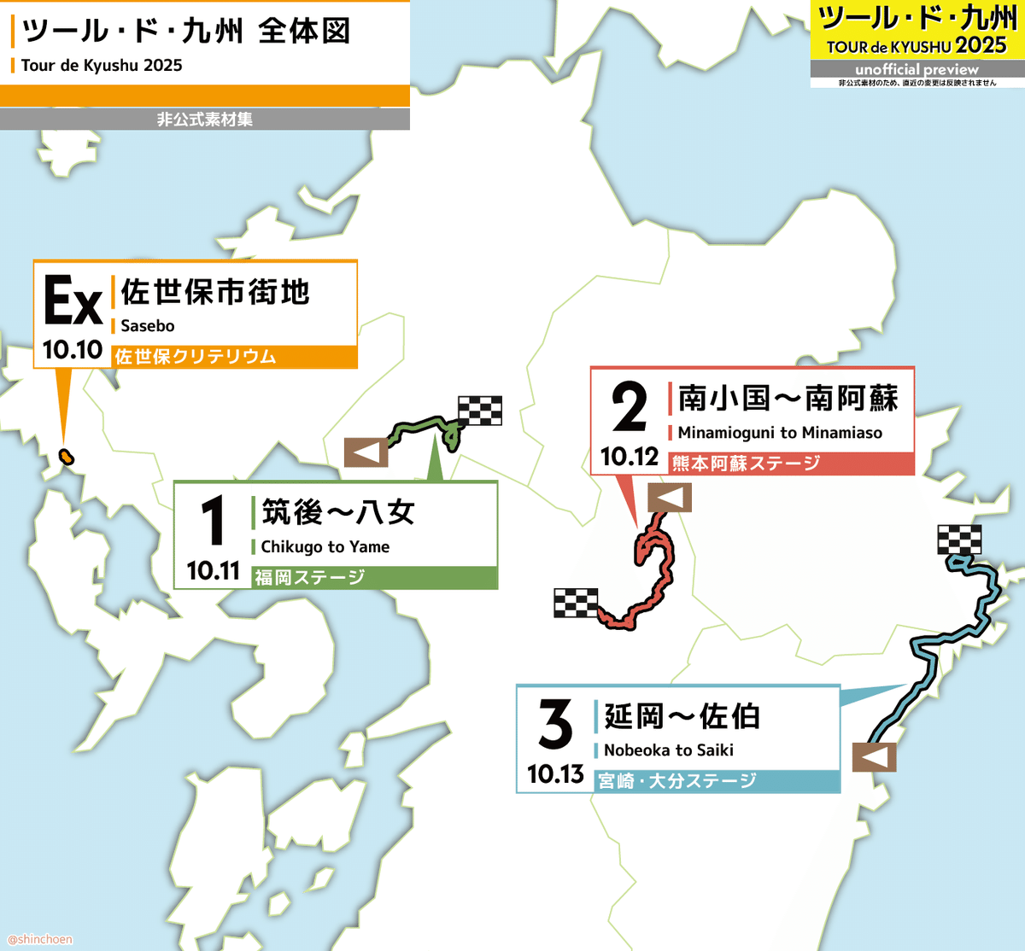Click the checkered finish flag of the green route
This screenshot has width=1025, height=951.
(480, 411)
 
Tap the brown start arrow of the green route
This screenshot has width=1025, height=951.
(366, 452)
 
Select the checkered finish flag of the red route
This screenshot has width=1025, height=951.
(576, 603)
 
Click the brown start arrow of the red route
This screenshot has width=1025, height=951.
(670, 497)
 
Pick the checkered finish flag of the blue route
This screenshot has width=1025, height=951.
(959, 540)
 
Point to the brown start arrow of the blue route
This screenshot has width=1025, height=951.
(874, 756)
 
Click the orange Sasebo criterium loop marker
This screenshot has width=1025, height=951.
(66, 456)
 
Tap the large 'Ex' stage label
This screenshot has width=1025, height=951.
(73, 300)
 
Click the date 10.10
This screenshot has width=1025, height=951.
(73, 350)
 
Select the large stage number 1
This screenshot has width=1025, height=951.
(213, 521)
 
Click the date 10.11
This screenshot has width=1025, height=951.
(214, 571)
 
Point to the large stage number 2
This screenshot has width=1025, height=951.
(630, 408)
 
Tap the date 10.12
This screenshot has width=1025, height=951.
(630, 457)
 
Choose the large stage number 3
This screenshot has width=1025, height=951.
(555, 725)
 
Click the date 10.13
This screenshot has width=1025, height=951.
(555, 774)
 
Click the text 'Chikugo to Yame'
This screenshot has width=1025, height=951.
(325, 547)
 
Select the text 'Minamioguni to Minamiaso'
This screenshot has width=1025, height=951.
(780, 433)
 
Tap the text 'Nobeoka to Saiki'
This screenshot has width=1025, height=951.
(669, 750)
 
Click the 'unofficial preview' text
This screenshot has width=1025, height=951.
(917, 69)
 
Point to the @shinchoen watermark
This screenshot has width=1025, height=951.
(40, 939)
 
